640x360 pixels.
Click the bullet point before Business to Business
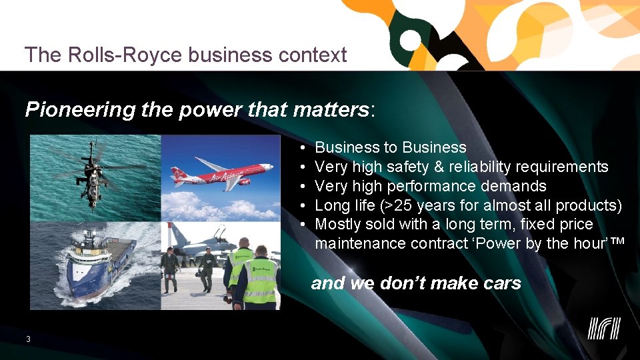pos(302,148)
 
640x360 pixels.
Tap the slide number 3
pos(28,339)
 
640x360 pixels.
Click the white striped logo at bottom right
pos(604,328)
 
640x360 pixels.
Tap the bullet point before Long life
pos(302,205)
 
